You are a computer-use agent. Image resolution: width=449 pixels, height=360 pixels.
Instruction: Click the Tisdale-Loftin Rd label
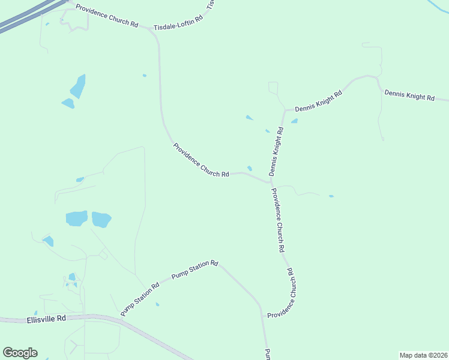(x=178, y=23)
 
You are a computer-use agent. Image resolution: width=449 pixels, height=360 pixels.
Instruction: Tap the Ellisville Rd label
(x=46, y=320)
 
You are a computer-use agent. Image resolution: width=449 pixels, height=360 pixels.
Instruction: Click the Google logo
(x=20, y=353)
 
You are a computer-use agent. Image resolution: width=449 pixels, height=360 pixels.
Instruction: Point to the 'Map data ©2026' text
(x=423, y=355)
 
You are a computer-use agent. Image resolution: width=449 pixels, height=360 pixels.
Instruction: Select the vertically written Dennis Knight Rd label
(x=276, y=151)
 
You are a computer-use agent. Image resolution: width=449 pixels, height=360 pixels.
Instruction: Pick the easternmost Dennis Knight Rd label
(x=409, y=95)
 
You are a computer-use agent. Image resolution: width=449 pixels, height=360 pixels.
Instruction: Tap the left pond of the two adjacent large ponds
(x=76, y=218)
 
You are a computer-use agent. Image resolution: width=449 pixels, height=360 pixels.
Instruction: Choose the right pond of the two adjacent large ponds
(x=101, y=220)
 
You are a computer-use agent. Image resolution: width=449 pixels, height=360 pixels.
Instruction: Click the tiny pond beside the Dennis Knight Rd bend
(x=294, y=121)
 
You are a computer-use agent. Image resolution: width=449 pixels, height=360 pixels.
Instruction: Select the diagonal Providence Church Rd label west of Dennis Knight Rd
(x=201, y=160)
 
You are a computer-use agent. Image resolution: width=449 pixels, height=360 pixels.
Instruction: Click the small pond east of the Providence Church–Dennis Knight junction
(x=331, y=196)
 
